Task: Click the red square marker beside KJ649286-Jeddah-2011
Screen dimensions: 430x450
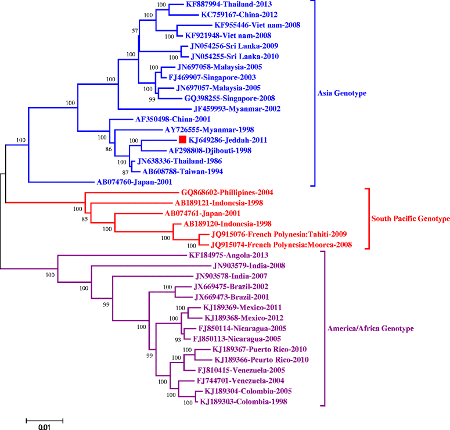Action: [x=182, y=139]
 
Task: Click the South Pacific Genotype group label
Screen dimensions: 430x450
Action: [x=411, y=218]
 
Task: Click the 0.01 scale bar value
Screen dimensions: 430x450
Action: [x=45, y=427]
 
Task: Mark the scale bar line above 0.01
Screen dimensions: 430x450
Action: [x=45, y=418]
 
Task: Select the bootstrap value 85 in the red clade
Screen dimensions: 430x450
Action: [x=80, y=219]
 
